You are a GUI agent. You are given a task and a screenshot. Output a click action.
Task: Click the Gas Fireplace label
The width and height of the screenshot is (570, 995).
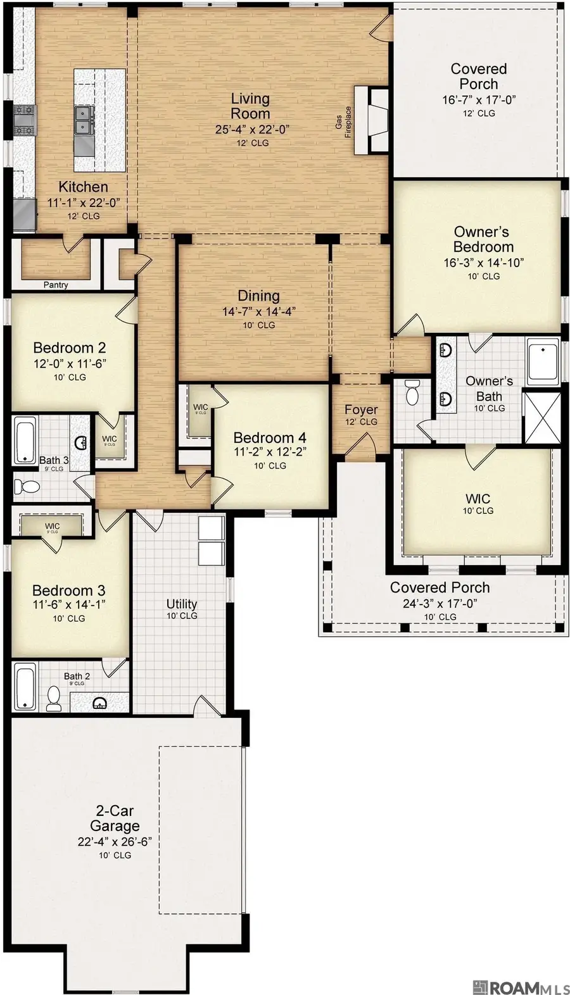click(x=343, y=122)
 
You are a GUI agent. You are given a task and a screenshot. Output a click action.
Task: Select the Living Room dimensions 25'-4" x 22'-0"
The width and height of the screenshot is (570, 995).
click(x=251, y=129)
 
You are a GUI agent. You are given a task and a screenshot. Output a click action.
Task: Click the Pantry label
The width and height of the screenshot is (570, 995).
click(x=56, y=285)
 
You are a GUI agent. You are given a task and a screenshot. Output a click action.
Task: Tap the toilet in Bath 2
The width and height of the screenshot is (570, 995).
click(x=54, y=698)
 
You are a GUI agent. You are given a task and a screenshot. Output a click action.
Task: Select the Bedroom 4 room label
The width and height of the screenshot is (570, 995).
click(x=270, y=437)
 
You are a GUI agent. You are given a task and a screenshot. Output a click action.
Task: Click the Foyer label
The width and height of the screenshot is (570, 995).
click(x=361, y=410)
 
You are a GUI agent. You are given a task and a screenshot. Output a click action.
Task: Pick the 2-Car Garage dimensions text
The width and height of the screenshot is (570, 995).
click(x=115, y=842)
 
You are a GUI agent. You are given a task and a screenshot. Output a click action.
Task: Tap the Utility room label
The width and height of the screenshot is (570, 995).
click(x=182, y=604)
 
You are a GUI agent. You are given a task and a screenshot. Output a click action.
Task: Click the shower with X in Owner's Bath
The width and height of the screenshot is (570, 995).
click(x=543, y=418)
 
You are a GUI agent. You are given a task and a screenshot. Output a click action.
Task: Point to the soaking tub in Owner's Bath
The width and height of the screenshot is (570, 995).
click(x=543, y=361)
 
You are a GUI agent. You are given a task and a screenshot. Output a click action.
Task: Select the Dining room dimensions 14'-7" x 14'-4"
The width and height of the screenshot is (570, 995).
click(x=258, y=311)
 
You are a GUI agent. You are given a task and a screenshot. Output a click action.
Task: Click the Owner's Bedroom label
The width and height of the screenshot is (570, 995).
click(x=483, y=239)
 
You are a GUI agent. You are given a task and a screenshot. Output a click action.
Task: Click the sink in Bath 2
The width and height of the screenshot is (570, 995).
click(x=99, y=703)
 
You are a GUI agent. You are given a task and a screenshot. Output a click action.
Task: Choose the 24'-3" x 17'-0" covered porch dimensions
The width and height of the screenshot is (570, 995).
click(x=440, y=603)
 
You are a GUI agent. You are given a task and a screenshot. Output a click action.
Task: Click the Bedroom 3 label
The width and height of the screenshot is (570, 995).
click(x=68, y=591)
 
